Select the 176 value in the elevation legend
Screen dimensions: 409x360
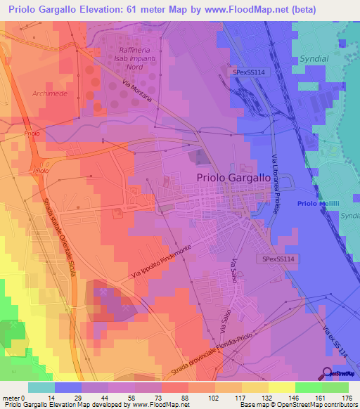coord(347,397)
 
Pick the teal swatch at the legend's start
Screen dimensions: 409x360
coord(41,387)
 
